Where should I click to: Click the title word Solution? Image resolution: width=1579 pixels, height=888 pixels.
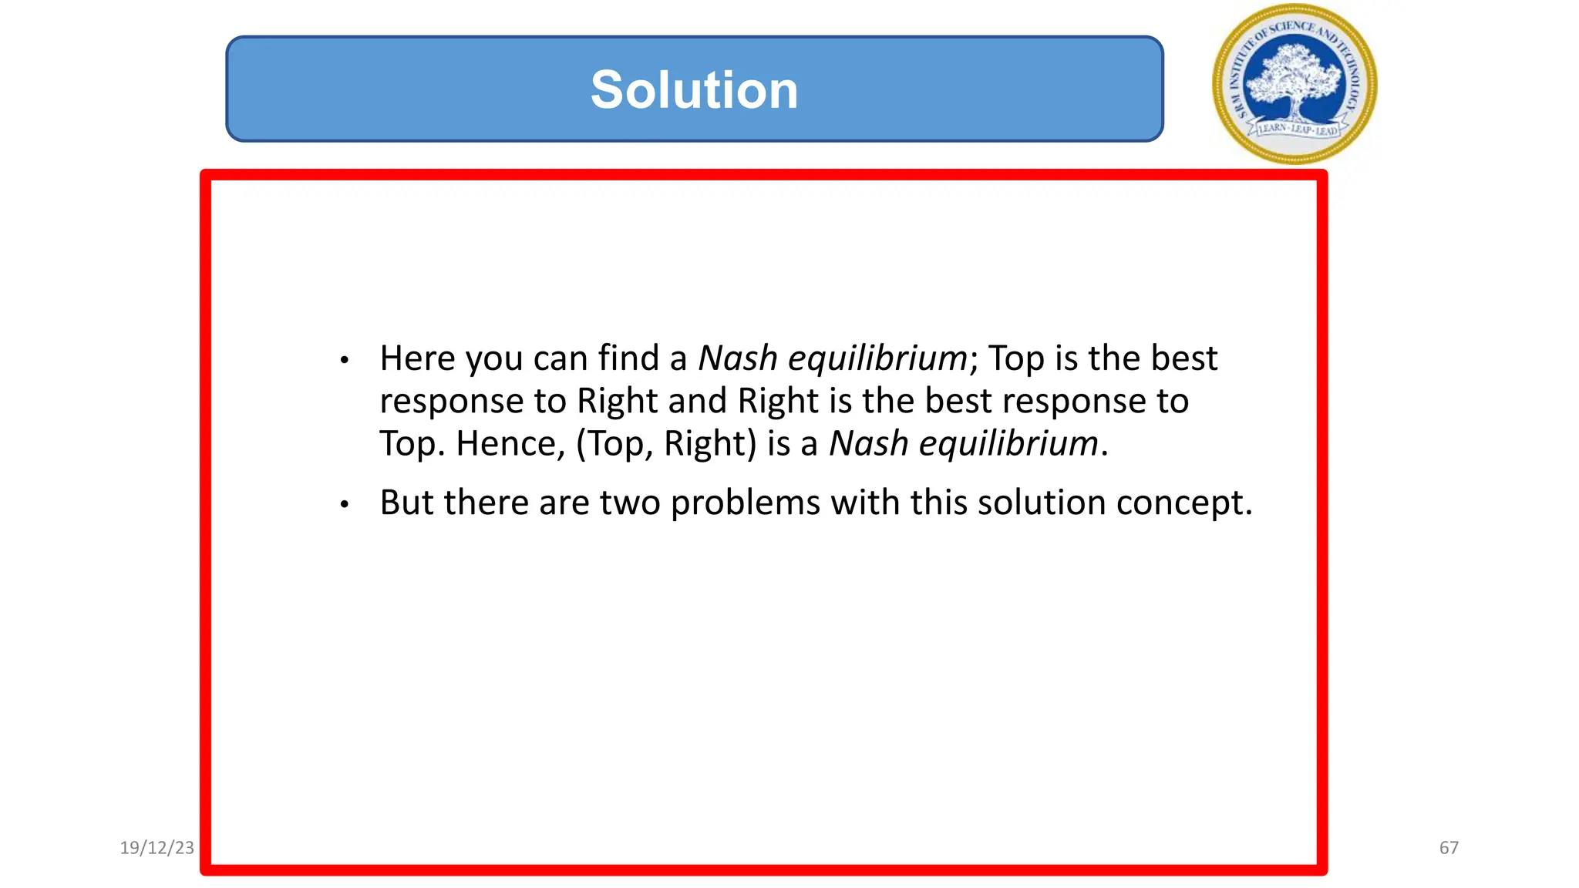(694, 90)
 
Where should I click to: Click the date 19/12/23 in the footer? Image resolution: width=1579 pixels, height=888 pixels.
(157, 848)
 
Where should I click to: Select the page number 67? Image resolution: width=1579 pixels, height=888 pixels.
(1449, 848)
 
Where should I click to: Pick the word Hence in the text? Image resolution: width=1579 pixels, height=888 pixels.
(506, 444)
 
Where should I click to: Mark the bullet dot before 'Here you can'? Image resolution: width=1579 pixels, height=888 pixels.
(345, 360)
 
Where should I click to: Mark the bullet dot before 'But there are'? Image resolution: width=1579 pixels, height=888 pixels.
(345, 505)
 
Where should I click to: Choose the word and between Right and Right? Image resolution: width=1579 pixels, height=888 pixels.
(697, 401)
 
